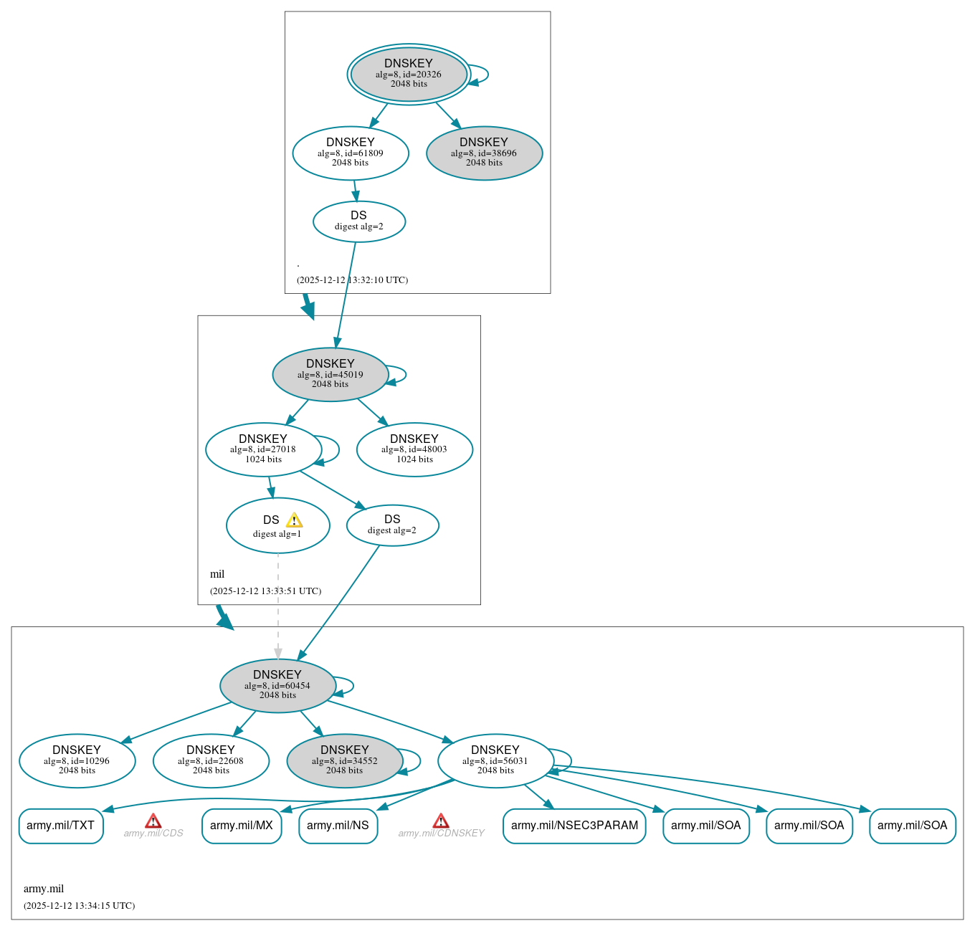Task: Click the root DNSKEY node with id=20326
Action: click(409, 74)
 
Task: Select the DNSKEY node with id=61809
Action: click(351, 153)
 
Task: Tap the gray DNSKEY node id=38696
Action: click(484, 153)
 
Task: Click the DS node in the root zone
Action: click(358, 221)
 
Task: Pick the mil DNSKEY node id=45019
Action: click(330, 374)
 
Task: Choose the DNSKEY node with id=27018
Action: click(263, 449)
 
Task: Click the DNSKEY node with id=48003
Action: click(414, 449)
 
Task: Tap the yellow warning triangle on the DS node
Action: click(294, 520)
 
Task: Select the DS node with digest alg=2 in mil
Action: click(392, 525)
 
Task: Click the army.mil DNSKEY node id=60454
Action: click(277, 685)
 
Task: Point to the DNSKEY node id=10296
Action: click(77, 760)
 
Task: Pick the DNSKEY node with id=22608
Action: click(211, 760)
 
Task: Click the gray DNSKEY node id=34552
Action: click(345, 760)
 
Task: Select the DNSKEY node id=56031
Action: click(495, 760)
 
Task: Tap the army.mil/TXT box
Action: click(61, 826)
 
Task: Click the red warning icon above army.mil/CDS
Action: click(153, 821)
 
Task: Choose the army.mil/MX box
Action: click(242, 826)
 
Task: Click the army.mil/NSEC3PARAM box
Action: click(574, 826)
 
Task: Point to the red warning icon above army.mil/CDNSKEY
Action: click(441, 821)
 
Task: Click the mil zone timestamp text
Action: click(265, 591)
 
